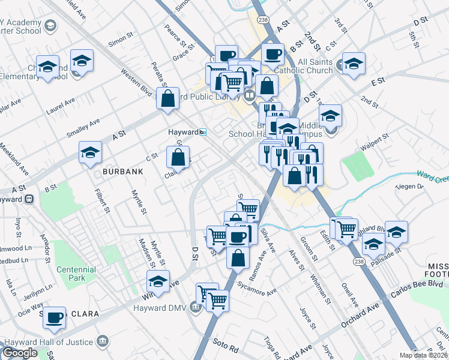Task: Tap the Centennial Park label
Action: coord(76,274)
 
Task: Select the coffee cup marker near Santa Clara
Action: coord(55,317)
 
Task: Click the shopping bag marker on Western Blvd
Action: coord(168,98)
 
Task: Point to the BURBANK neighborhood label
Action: coord(122,172)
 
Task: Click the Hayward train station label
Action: coord(182,132)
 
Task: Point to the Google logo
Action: coord(20,353)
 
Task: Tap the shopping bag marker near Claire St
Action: coord(178,157)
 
